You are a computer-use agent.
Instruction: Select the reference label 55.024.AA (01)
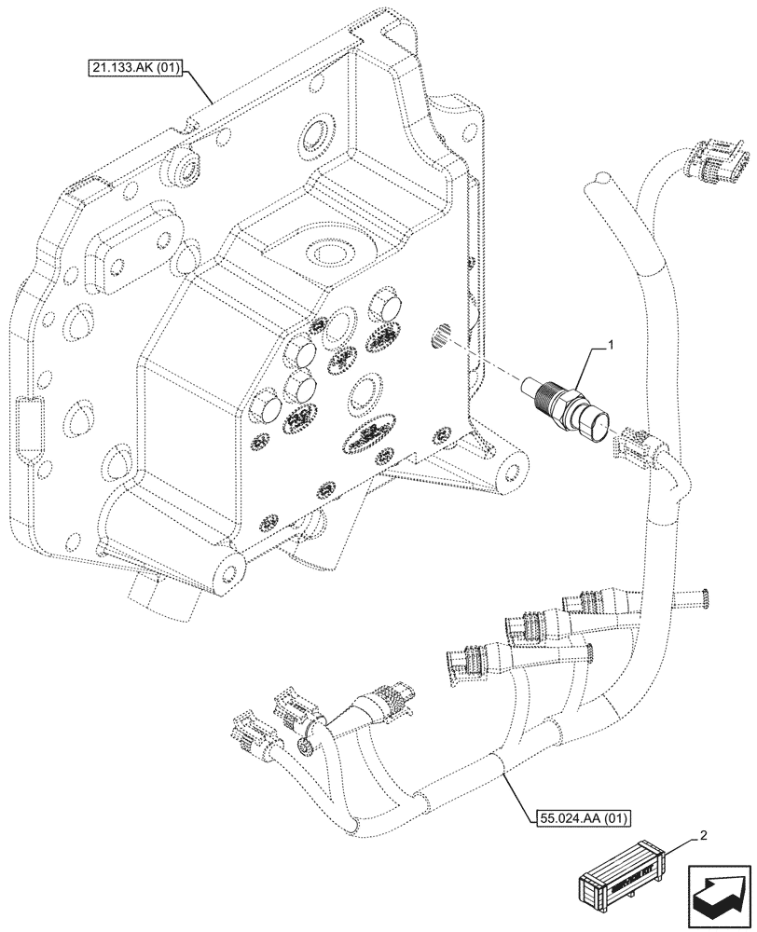[585, 819]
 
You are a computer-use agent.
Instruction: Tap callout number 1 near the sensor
[610, 346]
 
